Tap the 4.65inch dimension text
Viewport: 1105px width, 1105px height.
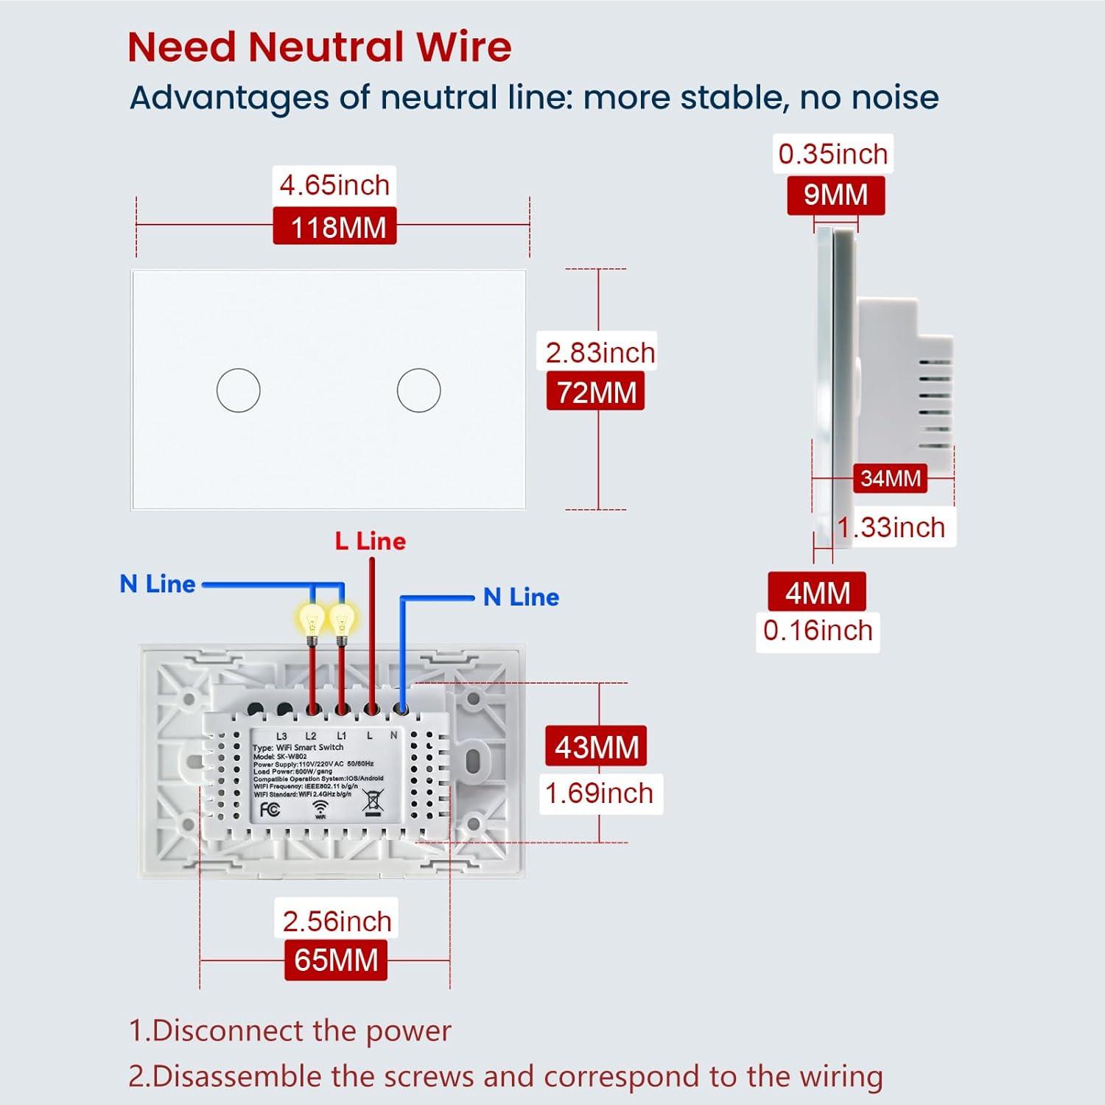tap(334, 185)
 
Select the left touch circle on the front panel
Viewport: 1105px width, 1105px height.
tap(238, 390)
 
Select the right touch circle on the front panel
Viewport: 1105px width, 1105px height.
tap(418, 390)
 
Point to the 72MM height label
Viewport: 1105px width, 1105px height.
tap(596, 392)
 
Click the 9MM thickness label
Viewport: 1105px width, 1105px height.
tap(835, 195)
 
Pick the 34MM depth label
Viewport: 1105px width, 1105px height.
tap(890, 478)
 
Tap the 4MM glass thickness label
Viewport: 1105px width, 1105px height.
tap(817, 592)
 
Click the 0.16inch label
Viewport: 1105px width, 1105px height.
tap(818, 631)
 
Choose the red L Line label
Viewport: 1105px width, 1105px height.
tap(370, 541)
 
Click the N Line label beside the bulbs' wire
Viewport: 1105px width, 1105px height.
tap(158, 584)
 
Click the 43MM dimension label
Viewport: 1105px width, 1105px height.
tap(596, 747)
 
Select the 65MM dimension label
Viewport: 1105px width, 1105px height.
tap(336, 960)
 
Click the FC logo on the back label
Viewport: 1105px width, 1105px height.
tap(270, 810)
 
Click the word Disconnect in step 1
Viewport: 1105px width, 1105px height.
tap(229, 1031)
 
